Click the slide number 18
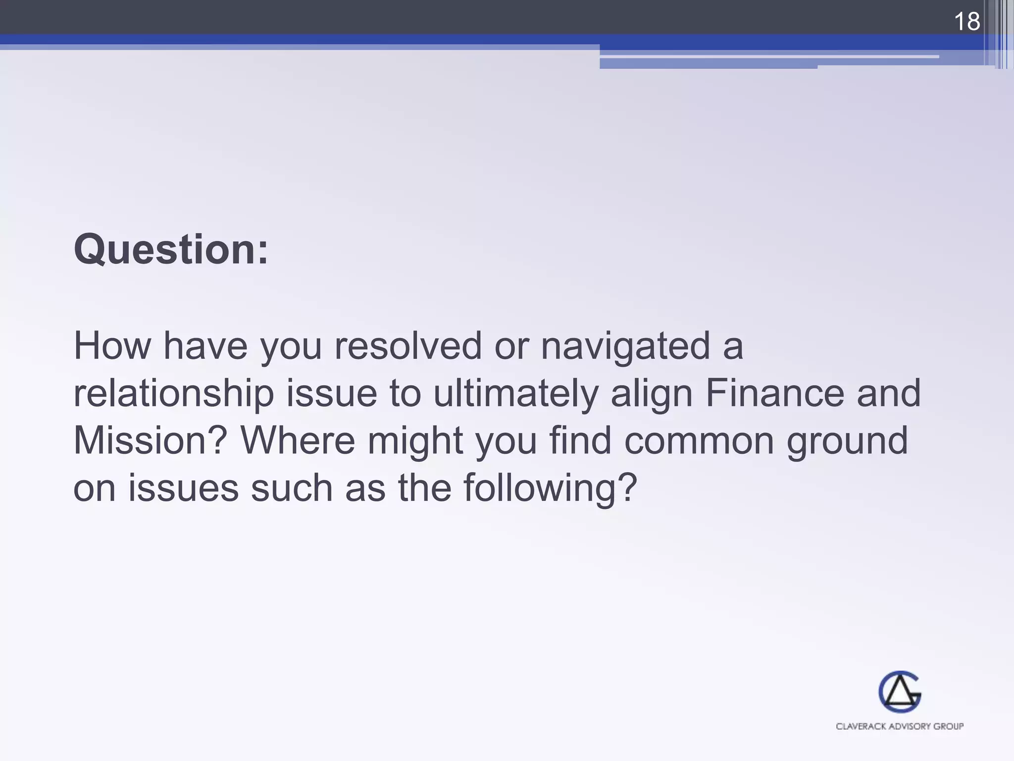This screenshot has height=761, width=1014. tap(966, 22)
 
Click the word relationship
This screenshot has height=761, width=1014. tap(173, 394)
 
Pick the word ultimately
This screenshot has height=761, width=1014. tap(515, 394)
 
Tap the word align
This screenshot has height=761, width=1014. tap(652, 394)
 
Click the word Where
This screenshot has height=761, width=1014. tap(298, 441)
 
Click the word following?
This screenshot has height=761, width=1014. tap(550, 489)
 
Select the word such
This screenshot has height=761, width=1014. tap(292, 489)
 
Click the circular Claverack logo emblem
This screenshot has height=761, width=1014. tap(900, 692)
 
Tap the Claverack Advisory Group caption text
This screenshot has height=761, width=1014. tap(900, 726)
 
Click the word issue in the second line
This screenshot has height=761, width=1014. tap(332, 394)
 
